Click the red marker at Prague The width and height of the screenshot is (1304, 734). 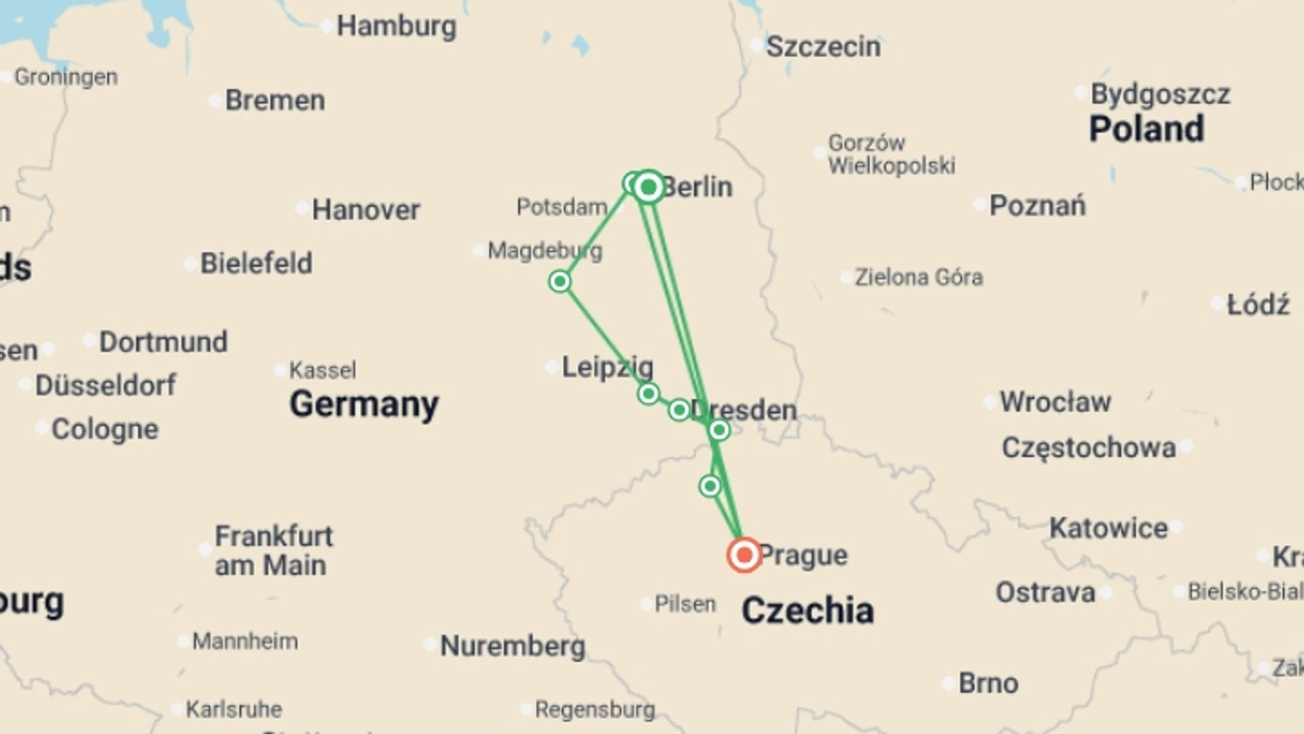click(744, 555)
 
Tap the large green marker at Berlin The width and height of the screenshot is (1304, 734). click(649, 186)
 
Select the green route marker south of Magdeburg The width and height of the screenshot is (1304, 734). click(560, 281)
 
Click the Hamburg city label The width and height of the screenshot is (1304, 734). click(397, 27)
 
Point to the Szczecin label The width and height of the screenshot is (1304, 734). click(823, 47)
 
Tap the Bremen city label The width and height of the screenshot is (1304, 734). click(275, 101)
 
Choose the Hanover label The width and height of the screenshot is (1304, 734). click(365, 210)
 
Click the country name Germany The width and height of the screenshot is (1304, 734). click(364, 404)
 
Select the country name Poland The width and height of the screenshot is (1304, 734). click(1146, 128)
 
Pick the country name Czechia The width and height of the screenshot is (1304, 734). click(808, 610)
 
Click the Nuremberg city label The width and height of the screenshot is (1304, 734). click(513, 646)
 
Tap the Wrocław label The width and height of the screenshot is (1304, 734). click(1055, 402)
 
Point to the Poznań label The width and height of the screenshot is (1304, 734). click(1037, 205)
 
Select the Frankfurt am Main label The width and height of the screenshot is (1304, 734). click(273, 550)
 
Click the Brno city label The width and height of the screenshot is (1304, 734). click(988, 684)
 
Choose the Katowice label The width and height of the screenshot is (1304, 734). click(1108, 528)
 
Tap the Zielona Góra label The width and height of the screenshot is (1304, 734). click(918, 277)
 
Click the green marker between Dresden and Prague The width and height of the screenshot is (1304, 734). click(710, 486)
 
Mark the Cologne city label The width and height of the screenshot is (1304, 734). click(105, 430)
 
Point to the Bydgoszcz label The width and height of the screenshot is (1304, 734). click(1160, 94)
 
